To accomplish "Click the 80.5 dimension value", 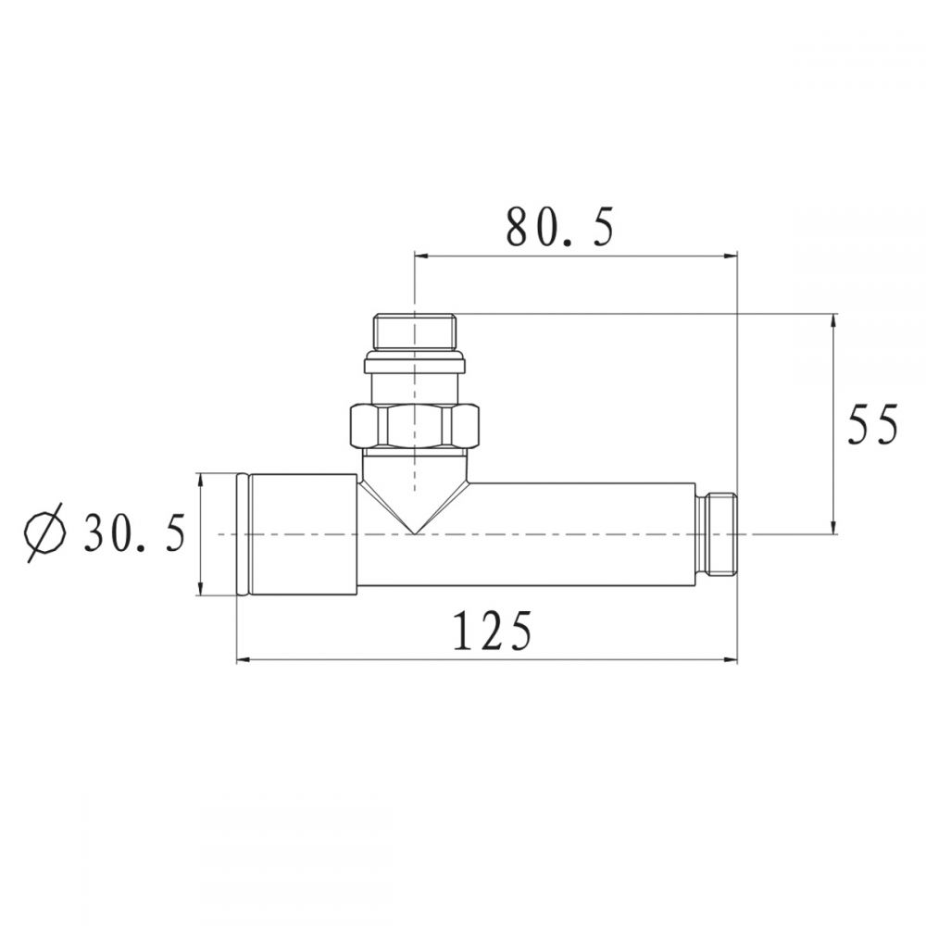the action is point(560,228).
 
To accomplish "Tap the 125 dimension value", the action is point(493,630).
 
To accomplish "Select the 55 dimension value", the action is point(872,424).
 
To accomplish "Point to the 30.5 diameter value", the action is point(134,532).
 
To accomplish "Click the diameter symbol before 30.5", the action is point(44,532).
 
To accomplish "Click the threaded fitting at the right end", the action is point(717,534).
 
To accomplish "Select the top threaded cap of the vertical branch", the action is point(415,332).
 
